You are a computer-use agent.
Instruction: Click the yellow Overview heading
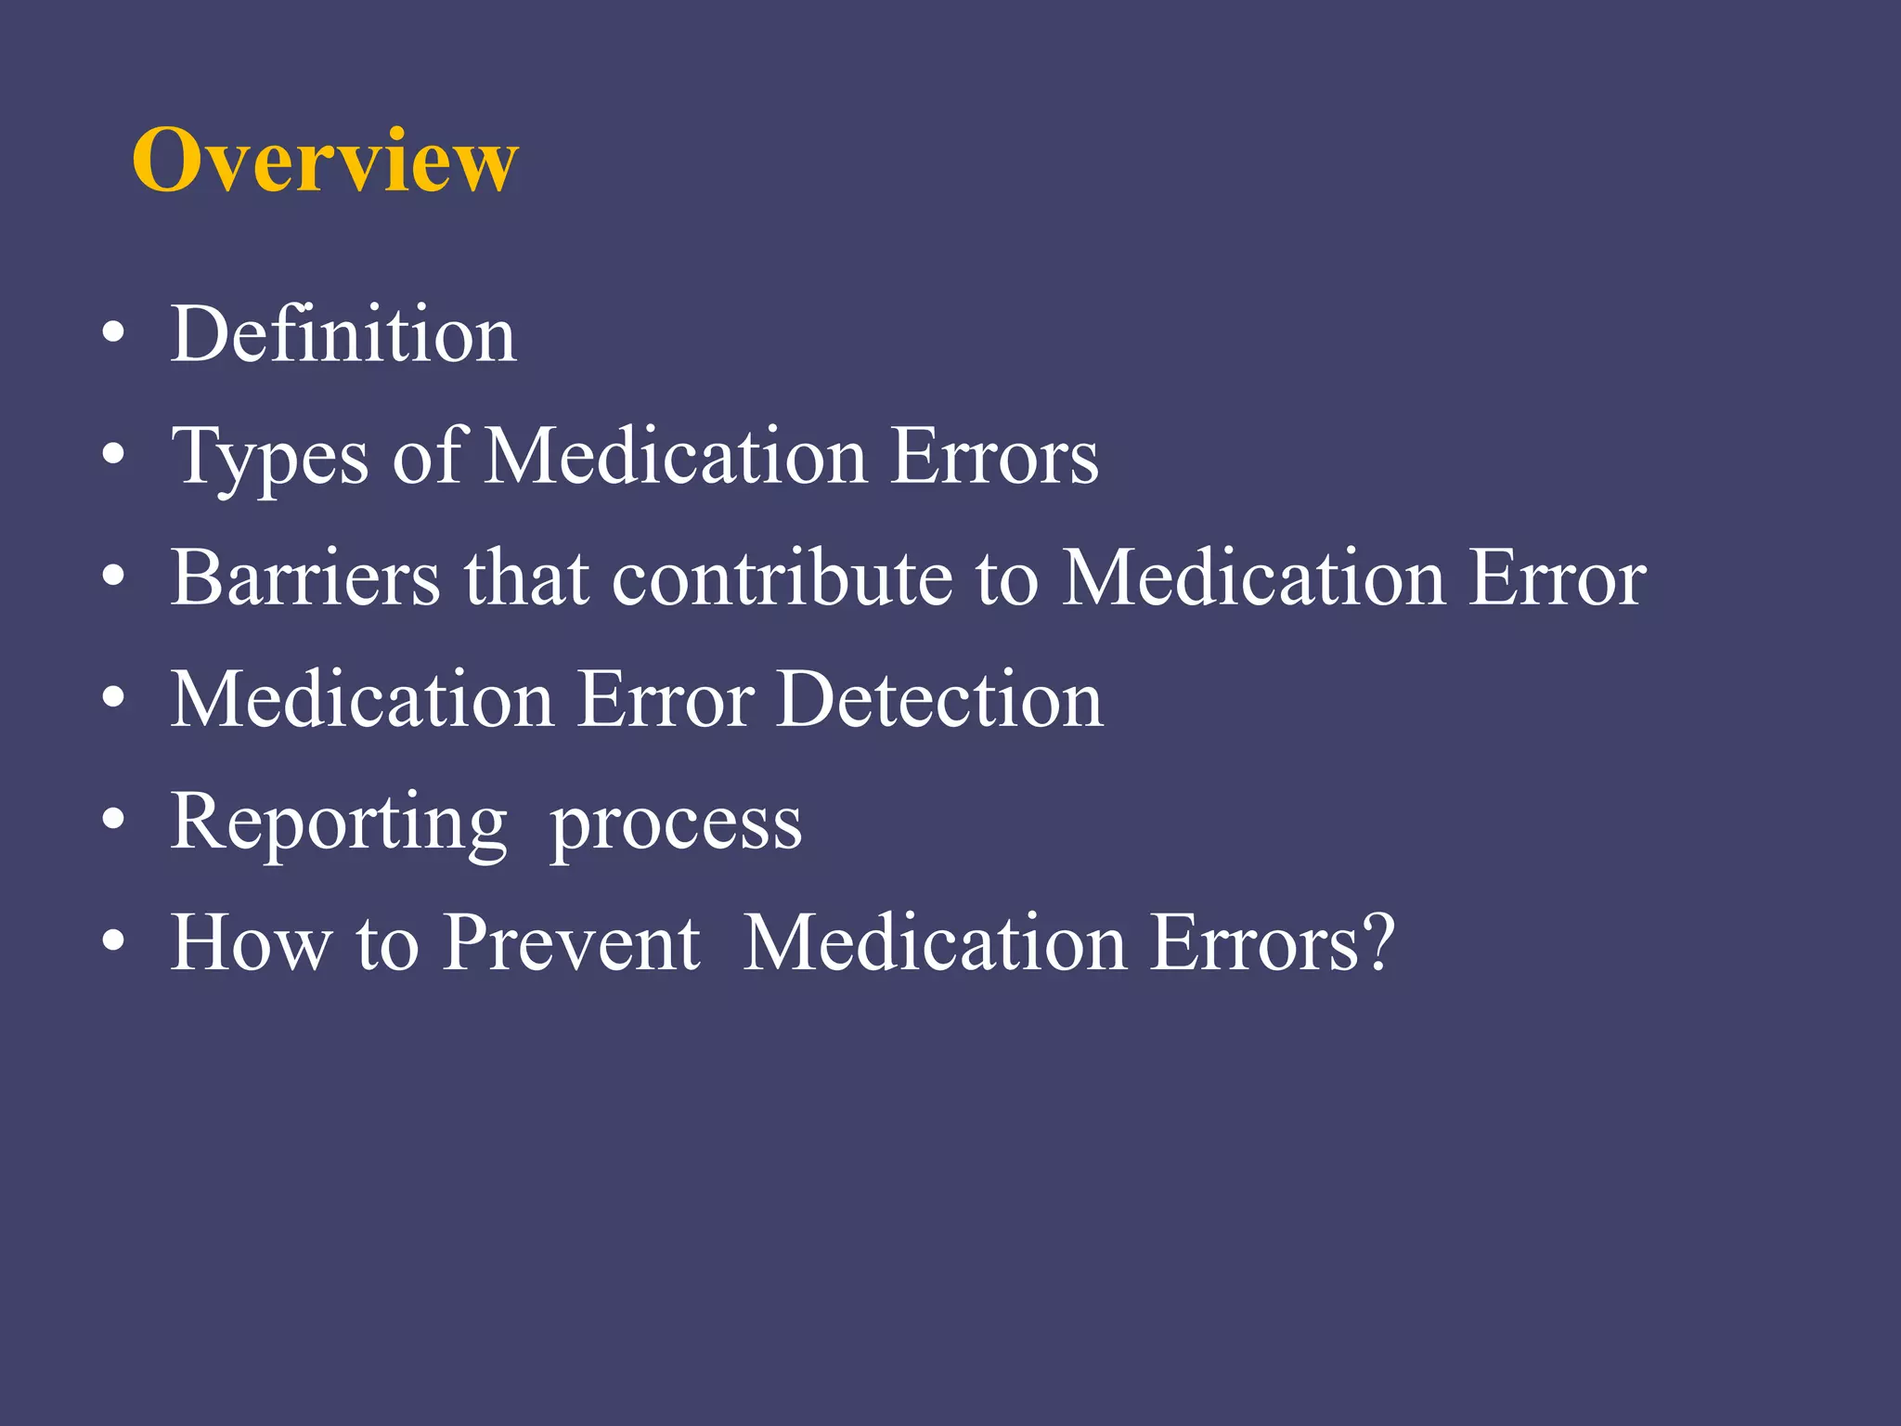pos(325,161)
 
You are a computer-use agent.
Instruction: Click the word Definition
pos(343,334)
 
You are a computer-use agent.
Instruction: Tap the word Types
pos(270,457)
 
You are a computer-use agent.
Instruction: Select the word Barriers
pos(305,577)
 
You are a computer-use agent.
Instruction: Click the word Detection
pos(940,699)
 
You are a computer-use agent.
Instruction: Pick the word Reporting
pos(339,823)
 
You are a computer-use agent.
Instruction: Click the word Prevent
pos(572,943)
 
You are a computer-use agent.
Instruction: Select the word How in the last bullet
pos(252,943)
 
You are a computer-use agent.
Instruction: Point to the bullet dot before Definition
pos(113,334)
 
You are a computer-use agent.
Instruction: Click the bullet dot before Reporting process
pos(113,821)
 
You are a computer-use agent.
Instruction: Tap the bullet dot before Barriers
pos(113,577)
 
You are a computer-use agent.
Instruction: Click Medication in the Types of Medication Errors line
pos(677,456)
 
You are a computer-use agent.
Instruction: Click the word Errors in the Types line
pos(994,456)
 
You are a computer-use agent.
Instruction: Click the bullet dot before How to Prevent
pos(113,942)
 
